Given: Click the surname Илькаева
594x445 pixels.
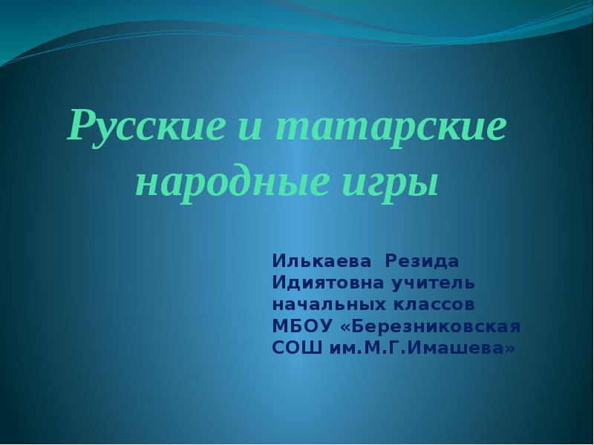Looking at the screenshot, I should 322,262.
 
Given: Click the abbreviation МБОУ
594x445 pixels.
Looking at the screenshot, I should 302,326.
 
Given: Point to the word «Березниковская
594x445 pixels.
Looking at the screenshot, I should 431,326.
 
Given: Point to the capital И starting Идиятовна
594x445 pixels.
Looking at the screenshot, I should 278,283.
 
